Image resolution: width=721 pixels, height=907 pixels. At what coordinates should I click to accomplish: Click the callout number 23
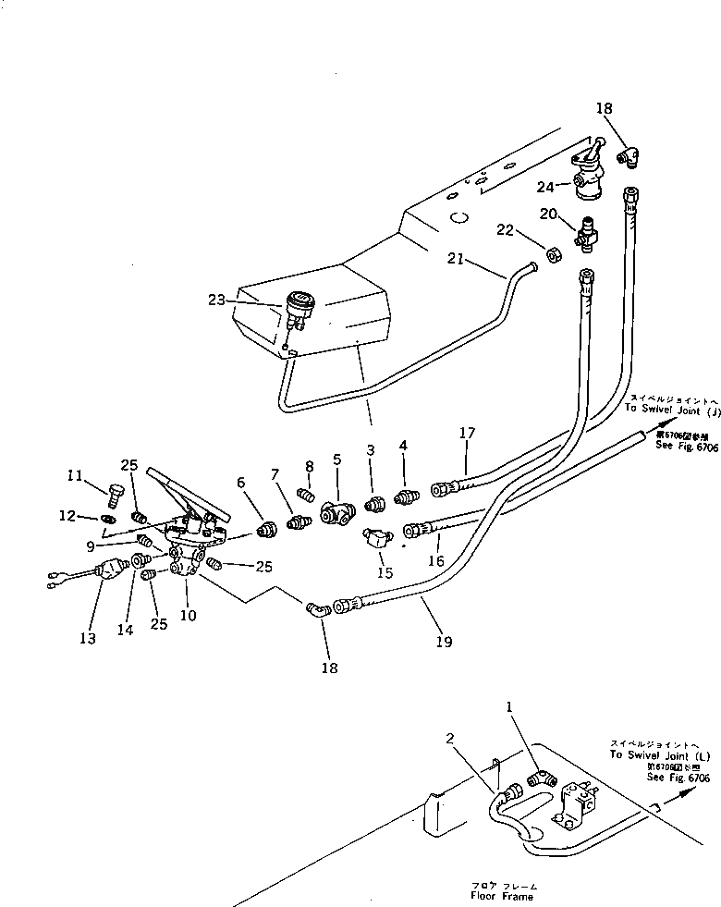(215, 299)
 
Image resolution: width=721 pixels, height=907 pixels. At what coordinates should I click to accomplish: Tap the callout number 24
(546, 186)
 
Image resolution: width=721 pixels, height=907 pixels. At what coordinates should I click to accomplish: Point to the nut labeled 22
(552, 254)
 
